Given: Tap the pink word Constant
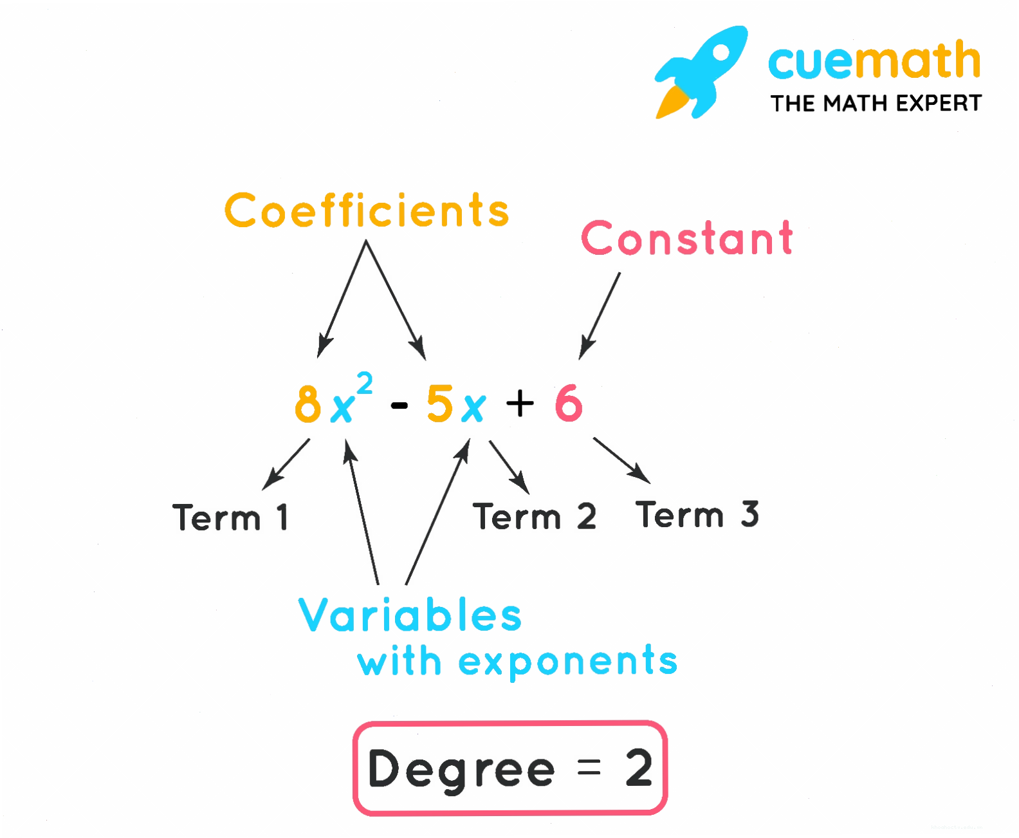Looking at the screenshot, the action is click(x=686, y=237).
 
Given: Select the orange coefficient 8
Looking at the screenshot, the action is click(x=308, y=404).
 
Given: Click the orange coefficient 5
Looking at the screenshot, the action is click(x=439, y=404).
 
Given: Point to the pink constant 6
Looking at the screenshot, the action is click(x=568, y=404).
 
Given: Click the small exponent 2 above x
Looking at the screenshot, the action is click(x=364, y=384).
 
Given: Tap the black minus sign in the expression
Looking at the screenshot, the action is click(x=399, y=405).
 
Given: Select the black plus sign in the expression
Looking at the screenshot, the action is click(x=520, y=404).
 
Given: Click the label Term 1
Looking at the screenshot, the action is click(x=230, y=517).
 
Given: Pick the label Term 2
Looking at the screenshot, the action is click(x=535, y=516).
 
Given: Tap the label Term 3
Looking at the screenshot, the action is click(x=697, y=514).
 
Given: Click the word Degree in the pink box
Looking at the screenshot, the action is click(x=461, y=770).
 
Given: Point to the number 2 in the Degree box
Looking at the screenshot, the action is click(x=639, y=768).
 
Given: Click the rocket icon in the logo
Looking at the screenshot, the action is click(x=702, y=72).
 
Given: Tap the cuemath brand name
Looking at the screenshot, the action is click(x=874, y=60).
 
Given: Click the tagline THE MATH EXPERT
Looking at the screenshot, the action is click(x=876, y=104).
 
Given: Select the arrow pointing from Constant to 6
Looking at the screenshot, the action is click(x=599, y=316).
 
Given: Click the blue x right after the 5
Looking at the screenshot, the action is click(x=473, y=407).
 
